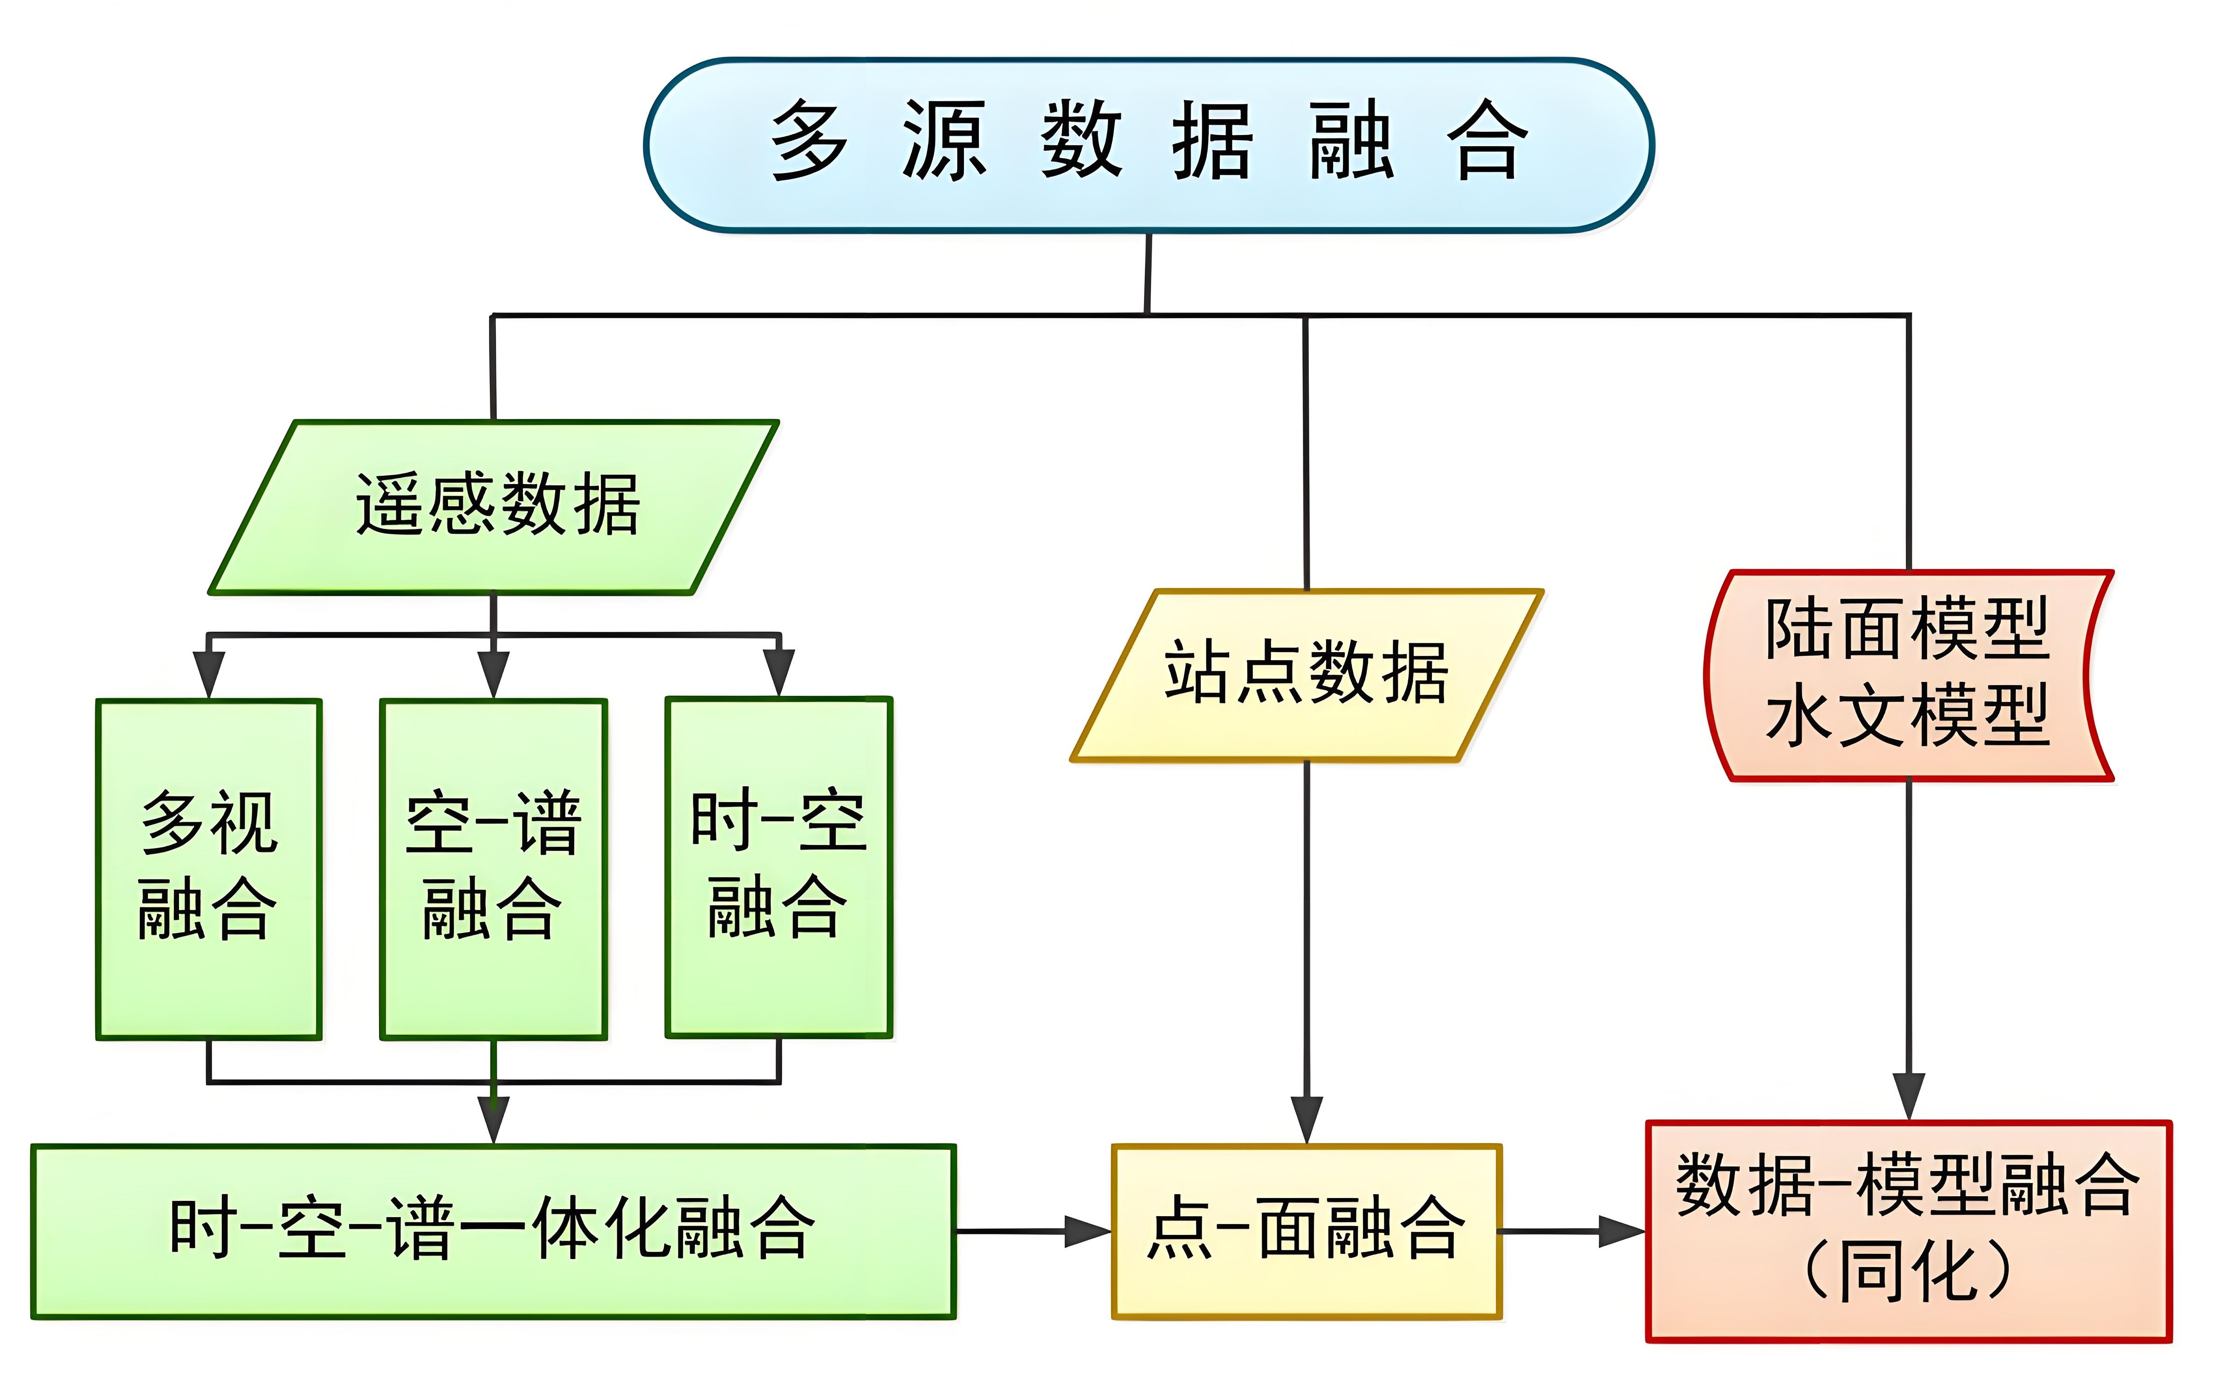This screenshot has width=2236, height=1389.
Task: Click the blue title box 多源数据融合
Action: point(1149,144)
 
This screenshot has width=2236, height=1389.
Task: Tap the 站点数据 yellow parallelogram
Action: point(1306,675)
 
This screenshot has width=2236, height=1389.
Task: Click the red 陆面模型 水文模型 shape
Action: point(1908,675)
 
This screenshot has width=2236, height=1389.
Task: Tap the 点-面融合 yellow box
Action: point(1306,1231)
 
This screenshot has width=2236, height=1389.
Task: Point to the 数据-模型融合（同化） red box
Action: point(1908,1231)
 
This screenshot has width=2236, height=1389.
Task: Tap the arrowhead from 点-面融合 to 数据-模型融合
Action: point(1622,1231)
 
